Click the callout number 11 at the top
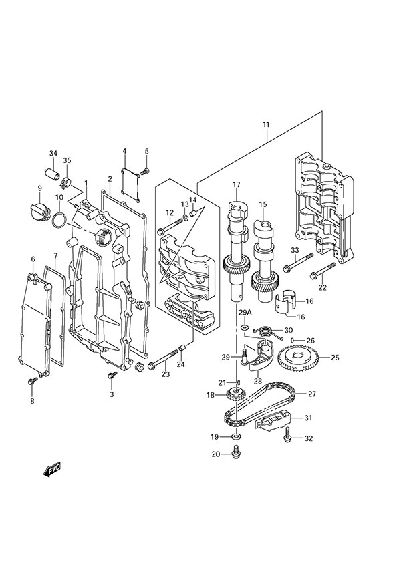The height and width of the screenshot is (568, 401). point(266,125)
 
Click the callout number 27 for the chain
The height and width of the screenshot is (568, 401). point(311,394)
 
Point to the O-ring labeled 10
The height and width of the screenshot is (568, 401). point(59,220)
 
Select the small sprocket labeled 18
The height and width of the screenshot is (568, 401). point(233,396)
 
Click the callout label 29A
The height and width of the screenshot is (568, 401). point(245,313)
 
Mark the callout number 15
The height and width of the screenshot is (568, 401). point(263,204)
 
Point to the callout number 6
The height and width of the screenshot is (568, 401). point(33,259)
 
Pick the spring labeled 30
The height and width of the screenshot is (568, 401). point(266,330)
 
